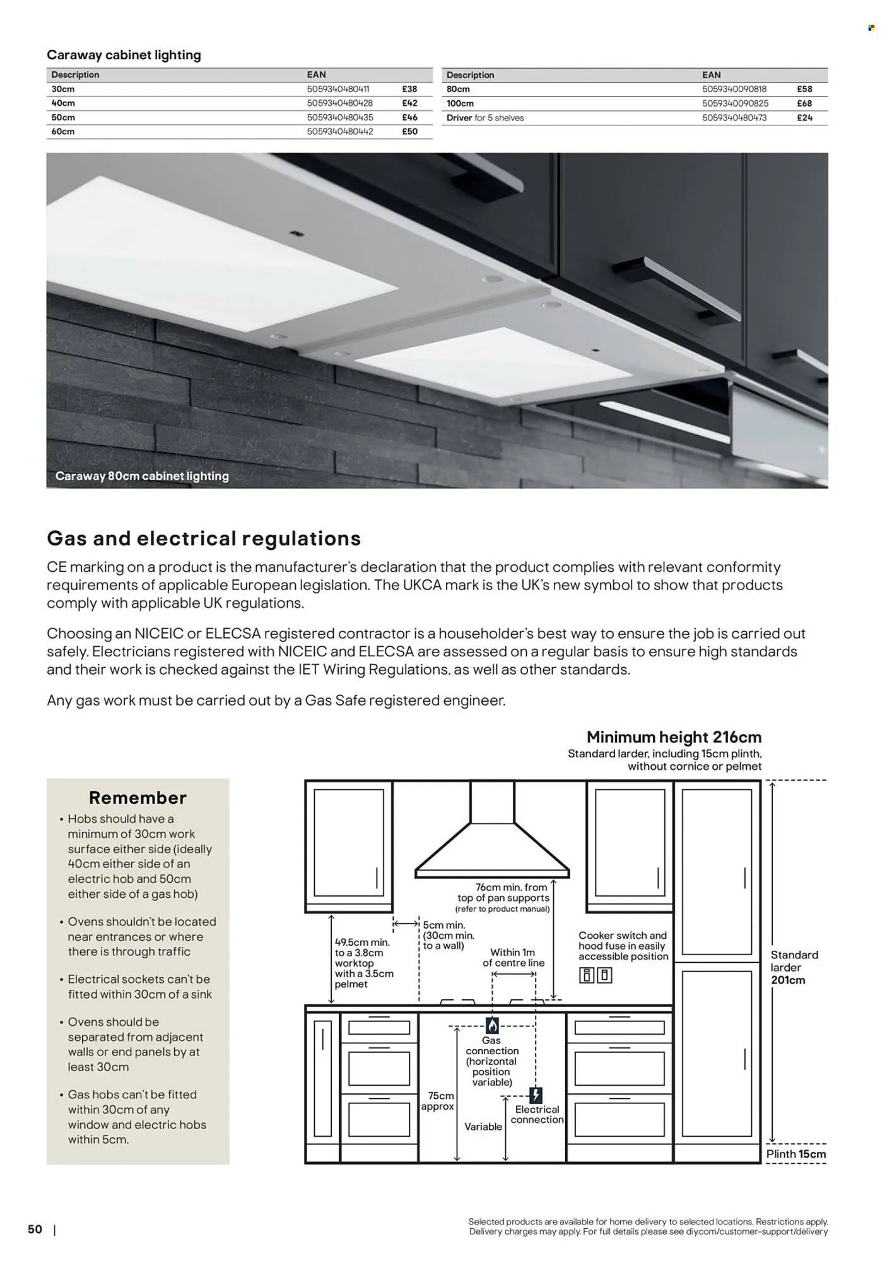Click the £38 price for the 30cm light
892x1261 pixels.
(409, 89)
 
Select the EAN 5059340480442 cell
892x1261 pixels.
(340, 132)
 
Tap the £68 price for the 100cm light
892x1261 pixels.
(804, 103)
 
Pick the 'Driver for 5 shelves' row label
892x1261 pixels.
(485, 118)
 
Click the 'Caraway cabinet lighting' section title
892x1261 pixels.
(124, 55)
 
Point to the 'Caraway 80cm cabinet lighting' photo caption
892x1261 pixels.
(142, 476)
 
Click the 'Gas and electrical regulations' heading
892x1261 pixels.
(204, 538)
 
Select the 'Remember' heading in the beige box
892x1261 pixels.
(138, 798)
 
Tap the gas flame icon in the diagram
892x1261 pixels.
(492, 1025)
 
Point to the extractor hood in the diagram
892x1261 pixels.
(491, 839)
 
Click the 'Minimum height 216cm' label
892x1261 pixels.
(674, 737)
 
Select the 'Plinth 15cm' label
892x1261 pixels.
(795, 1154)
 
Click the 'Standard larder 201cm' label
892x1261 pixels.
(794, 967)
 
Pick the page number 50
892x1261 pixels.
(35, 1229)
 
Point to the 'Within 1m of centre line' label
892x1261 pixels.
(513, 957)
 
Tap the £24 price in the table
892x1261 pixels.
(804, 118)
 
